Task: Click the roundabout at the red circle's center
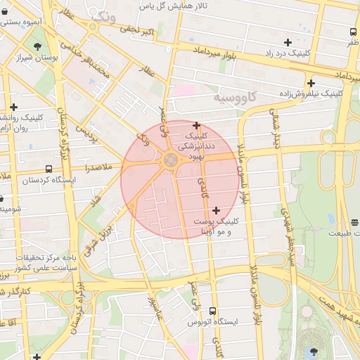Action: click(171, 160)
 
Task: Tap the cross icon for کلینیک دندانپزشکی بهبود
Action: click(196, 125)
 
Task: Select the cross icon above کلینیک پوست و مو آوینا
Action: click(215, 210)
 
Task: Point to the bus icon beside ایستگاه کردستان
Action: click(49, 169)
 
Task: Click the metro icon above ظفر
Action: click(352, 32)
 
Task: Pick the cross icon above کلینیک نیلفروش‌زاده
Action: click(310, 83)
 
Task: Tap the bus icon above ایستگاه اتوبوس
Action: click(213, 311)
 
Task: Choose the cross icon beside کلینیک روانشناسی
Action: click(13, 107)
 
